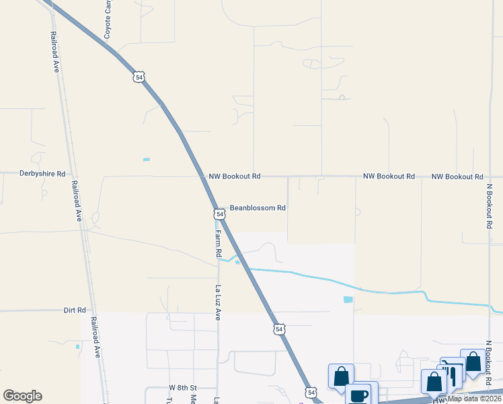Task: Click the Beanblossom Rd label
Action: coord(258,208)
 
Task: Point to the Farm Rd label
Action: coord(218,244)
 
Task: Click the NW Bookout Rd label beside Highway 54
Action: coord(234,176)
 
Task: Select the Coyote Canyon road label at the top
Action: coord(106,19)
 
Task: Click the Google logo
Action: coord(22,396)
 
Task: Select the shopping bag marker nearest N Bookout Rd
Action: coord(473,362)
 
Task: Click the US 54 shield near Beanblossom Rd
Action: coord(219,214)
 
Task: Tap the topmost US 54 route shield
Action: coord(139,77)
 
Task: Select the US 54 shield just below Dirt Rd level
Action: coord(278,329)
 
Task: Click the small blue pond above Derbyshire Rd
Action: coord(146,160)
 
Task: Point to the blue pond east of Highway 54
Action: coord(348,300)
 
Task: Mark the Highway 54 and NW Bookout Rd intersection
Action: coord(202,176)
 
